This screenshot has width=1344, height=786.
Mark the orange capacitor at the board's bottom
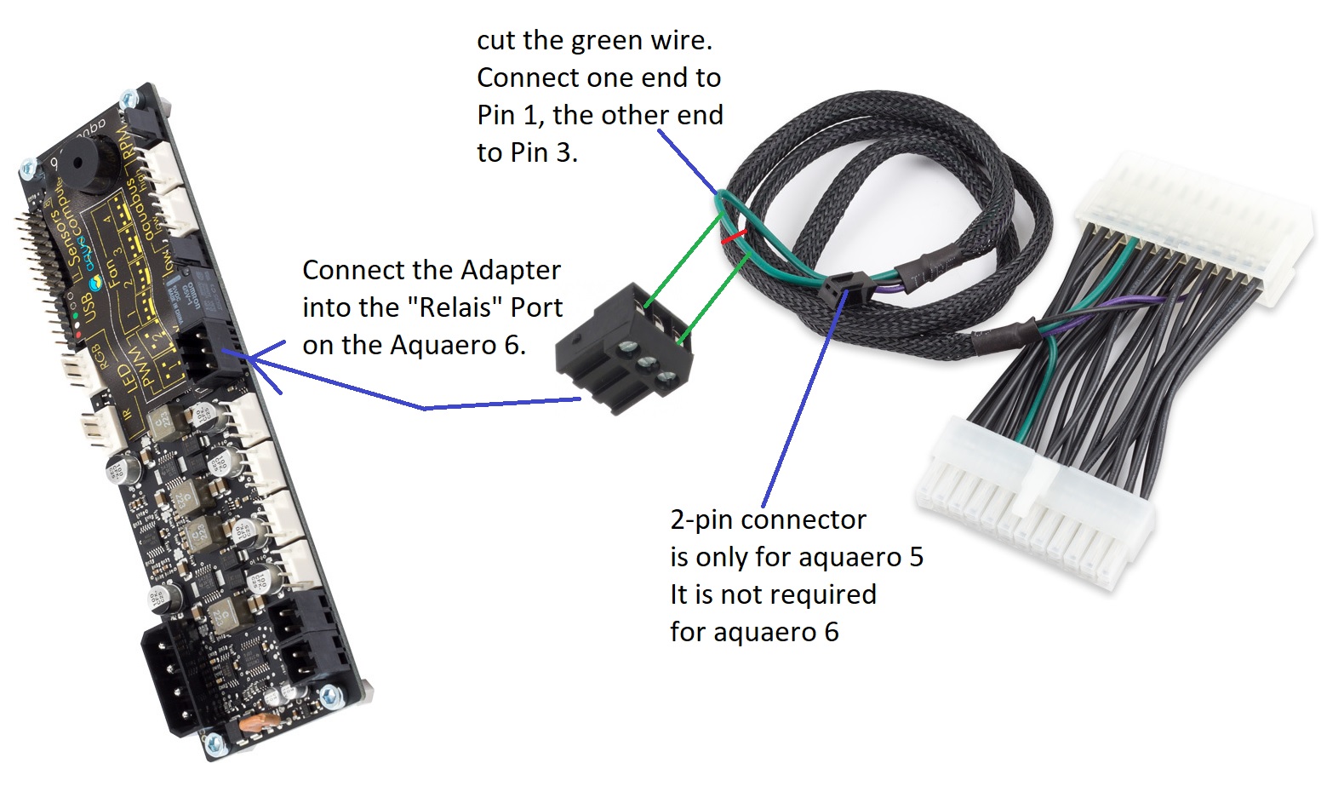pyautogui.click(x=253, y=724)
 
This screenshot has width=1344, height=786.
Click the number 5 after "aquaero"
pyautogui.click(x=916, y=557)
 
